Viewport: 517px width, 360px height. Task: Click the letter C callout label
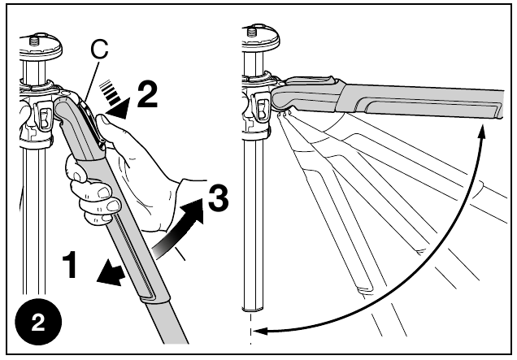(98, 49)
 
